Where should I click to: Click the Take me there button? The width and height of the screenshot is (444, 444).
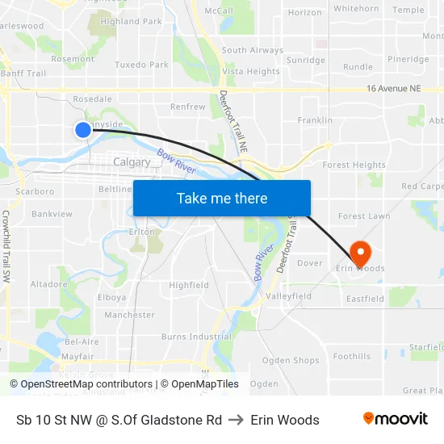(x=222, y=198)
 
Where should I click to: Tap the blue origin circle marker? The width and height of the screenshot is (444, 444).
(x=83, y=129)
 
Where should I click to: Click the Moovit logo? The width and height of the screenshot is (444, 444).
(x=395, y=419)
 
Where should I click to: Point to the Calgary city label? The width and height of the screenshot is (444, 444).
(x=132, y=162)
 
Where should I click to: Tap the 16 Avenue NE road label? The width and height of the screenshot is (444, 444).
(x=393, y=89)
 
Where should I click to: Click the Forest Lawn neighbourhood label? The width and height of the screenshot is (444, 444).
(x=364, y=216)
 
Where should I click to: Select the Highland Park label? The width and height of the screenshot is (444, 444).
(x=132, y=22)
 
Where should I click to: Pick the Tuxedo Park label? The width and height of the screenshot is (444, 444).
(x=141, y=65)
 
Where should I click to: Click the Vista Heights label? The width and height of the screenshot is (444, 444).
(x=250, y=72)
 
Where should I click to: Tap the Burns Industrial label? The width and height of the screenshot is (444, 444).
(x=196, y=337)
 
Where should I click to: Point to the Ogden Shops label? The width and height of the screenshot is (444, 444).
(x=291, y=361)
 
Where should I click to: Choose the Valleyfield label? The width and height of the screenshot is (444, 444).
(x=289, y=296)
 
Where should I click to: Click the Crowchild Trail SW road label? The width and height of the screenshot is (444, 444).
(x=6, y=245)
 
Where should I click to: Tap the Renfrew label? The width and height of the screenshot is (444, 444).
(x=188, y=107)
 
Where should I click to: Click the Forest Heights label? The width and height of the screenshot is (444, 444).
(x=354, y=165)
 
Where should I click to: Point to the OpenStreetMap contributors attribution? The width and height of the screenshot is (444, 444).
(x=81, y=384)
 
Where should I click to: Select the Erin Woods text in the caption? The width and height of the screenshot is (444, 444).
(x=285, y=420)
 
